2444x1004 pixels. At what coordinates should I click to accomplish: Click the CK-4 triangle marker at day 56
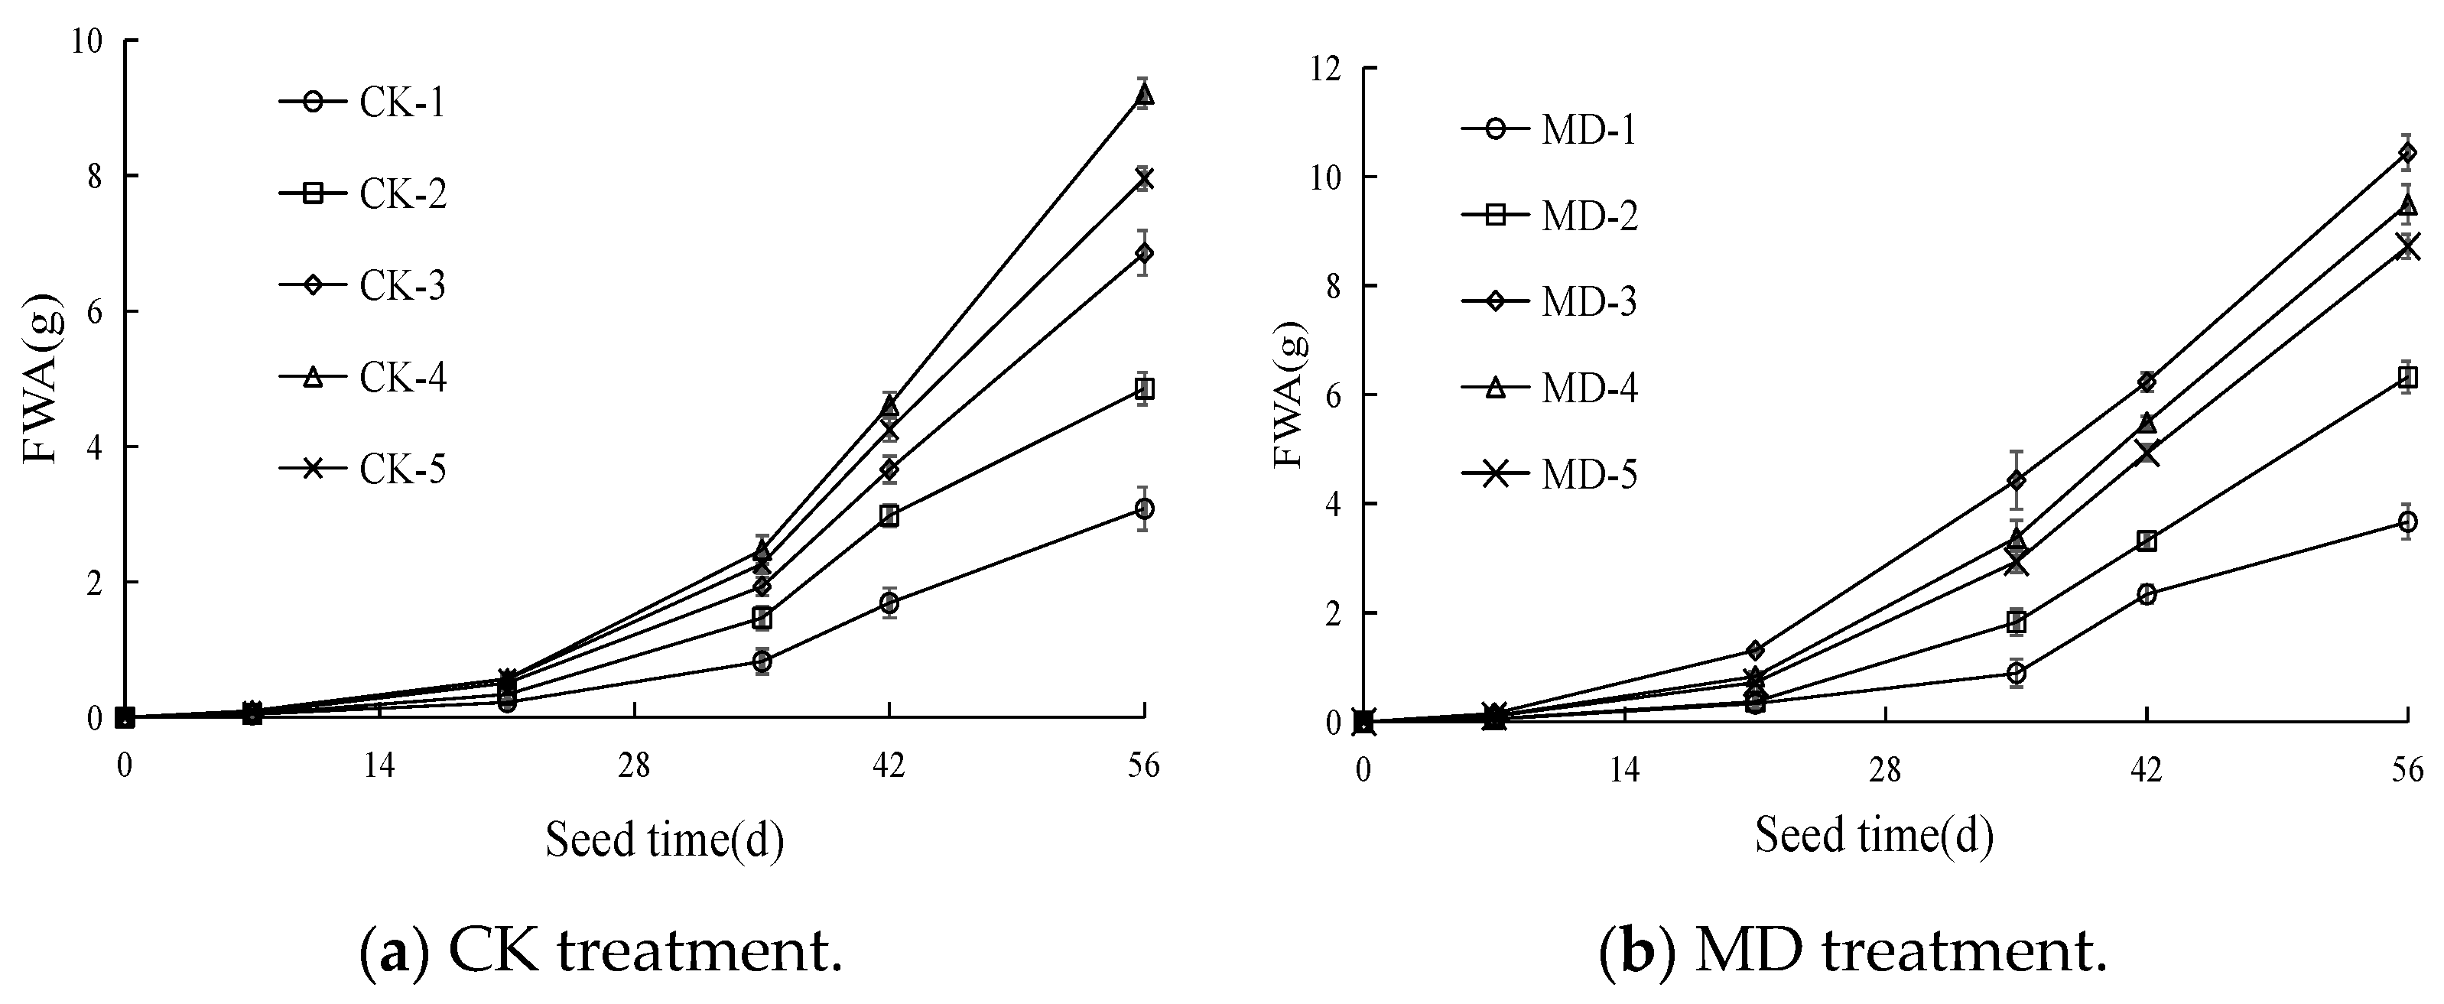click(1144, 94)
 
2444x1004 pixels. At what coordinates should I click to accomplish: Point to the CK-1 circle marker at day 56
click(1144, 509)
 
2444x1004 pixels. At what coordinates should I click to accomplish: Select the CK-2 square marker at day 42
click(889, 516)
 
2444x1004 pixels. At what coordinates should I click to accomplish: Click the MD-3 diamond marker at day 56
click(2408, 152)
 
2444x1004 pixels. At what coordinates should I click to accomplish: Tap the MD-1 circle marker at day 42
click(2147, 594)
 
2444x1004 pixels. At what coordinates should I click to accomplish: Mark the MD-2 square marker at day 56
click(2408, 378)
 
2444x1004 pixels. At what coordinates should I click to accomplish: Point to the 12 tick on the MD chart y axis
click(1328, 70)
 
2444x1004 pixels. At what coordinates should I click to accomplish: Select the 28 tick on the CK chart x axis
click(634, 765)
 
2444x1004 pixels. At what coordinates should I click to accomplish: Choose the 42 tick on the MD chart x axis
click(2147, 769)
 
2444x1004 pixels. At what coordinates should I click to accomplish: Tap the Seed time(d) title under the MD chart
click(1873, 836)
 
